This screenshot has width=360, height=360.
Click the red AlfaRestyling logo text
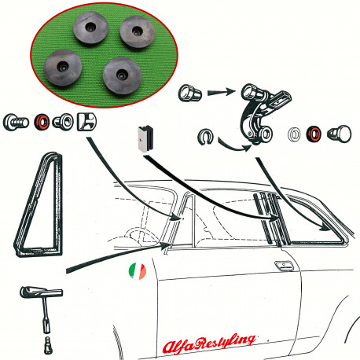(x=209, y=343)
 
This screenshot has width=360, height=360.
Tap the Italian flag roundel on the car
(x=138, y=271)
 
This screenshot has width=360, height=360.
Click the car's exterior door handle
(x=284, y=266)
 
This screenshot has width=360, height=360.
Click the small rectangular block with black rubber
(x=145, y=138)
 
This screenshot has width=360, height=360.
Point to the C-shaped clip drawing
(x=205, y=136)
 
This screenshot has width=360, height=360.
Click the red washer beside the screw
(x=42, y=122)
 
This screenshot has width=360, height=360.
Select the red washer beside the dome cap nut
(x=314, y=134)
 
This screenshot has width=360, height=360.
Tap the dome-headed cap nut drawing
(x=340, y=134)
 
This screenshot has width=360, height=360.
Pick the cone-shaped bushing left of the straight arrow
(x=190, y=93)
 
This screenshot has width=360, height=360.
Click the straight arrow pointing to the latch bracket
(x=222, y=92)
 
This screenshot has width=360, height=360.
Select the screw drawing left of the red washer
(x=16, y=123)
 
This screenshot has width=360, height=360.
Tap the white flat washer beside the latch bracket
(x=295, y=134)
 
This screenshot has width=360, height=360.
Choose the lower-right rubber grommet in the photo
(x=122, y=75)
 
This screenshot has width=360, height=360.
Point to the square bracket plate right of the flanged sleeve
(x=86, y=122)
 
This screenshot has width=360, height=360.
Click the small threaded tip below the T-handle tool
(x=48, y=345)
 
